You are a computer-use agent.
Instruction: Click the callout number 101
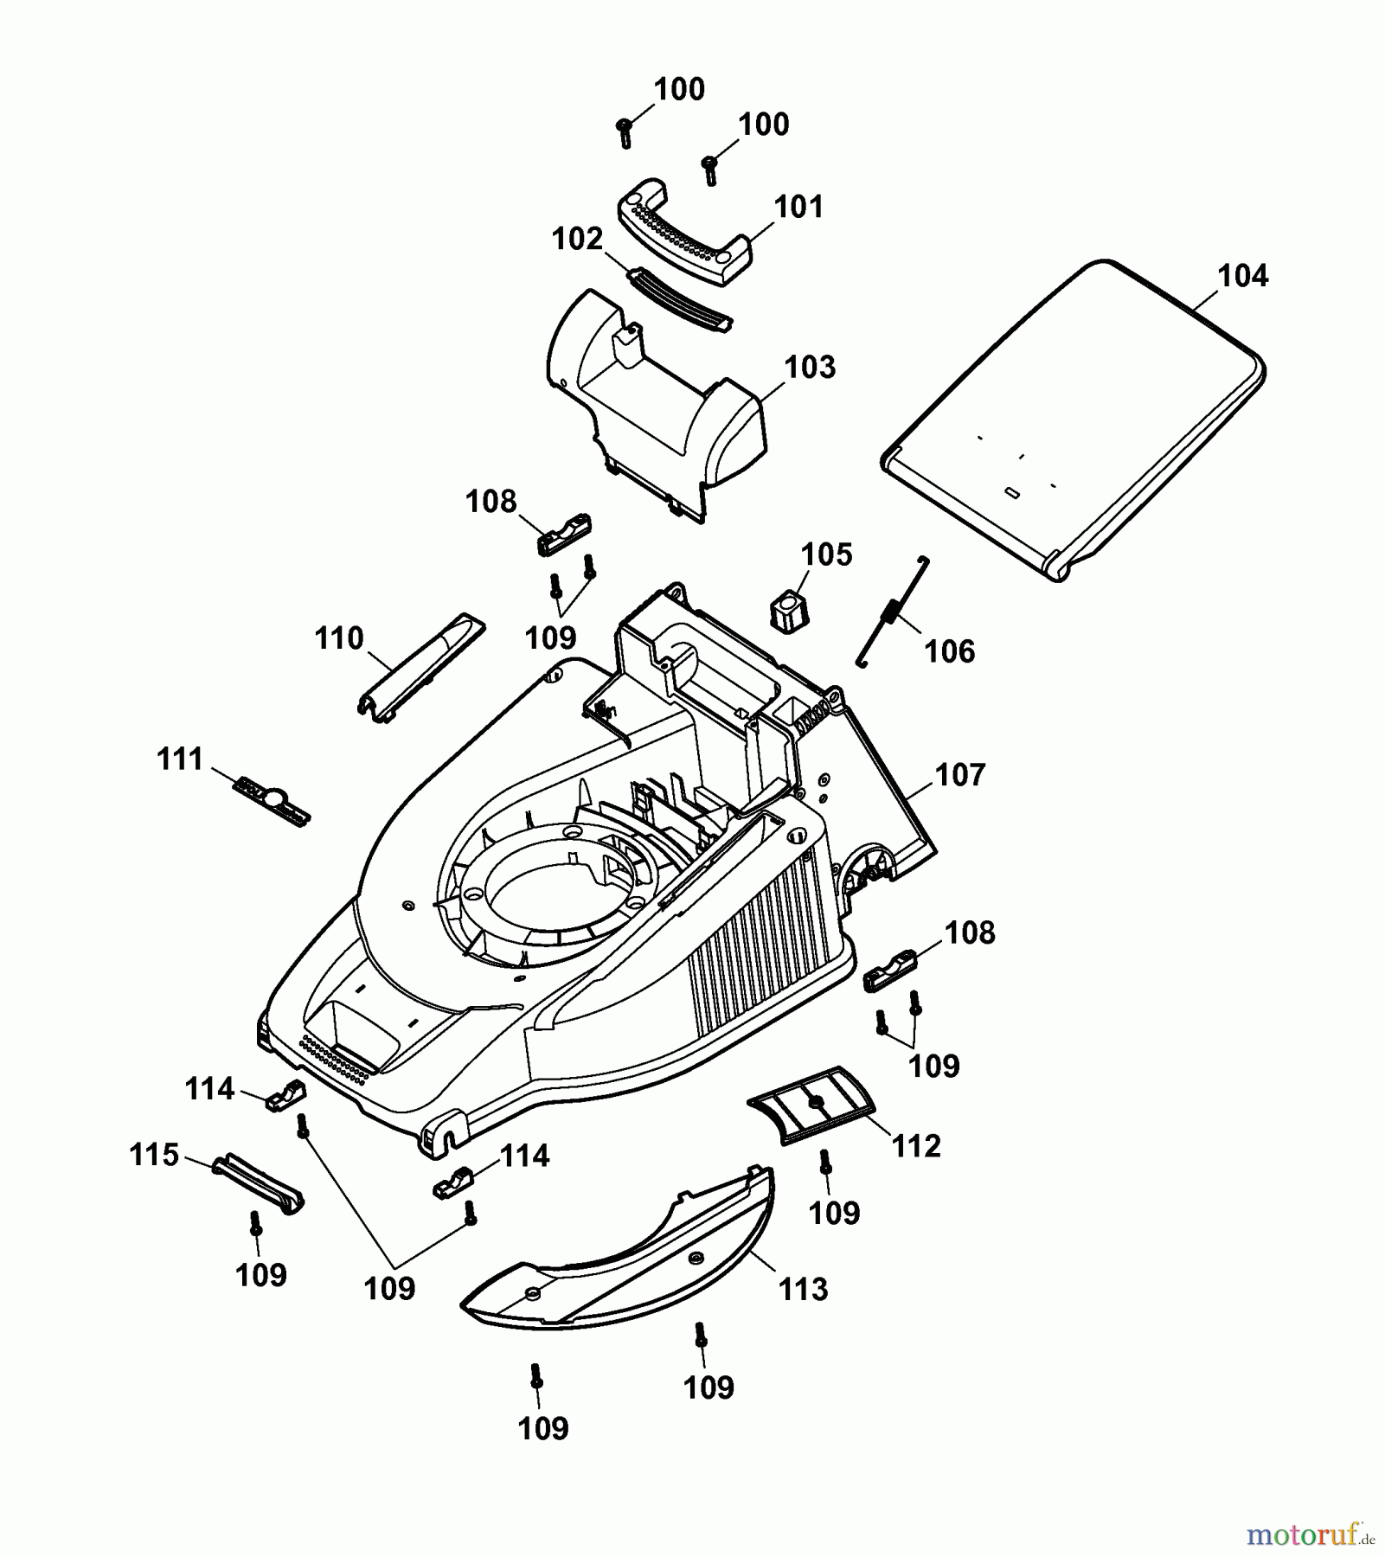tap(798, 208)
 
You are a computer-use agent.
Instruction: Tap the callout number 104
tap(1242, 277)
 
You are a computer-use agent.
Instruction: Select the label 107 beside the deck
tap(960, 775)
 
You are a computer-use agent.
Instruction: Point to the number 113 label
tap(803, 1290)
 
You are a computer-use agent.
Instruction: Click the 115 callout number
tap(154, 1155)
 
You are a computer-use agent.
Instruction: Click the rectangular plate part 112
tap(811, 1105)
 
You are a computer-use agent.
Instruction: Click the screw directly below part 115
tap(255, 1225)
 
